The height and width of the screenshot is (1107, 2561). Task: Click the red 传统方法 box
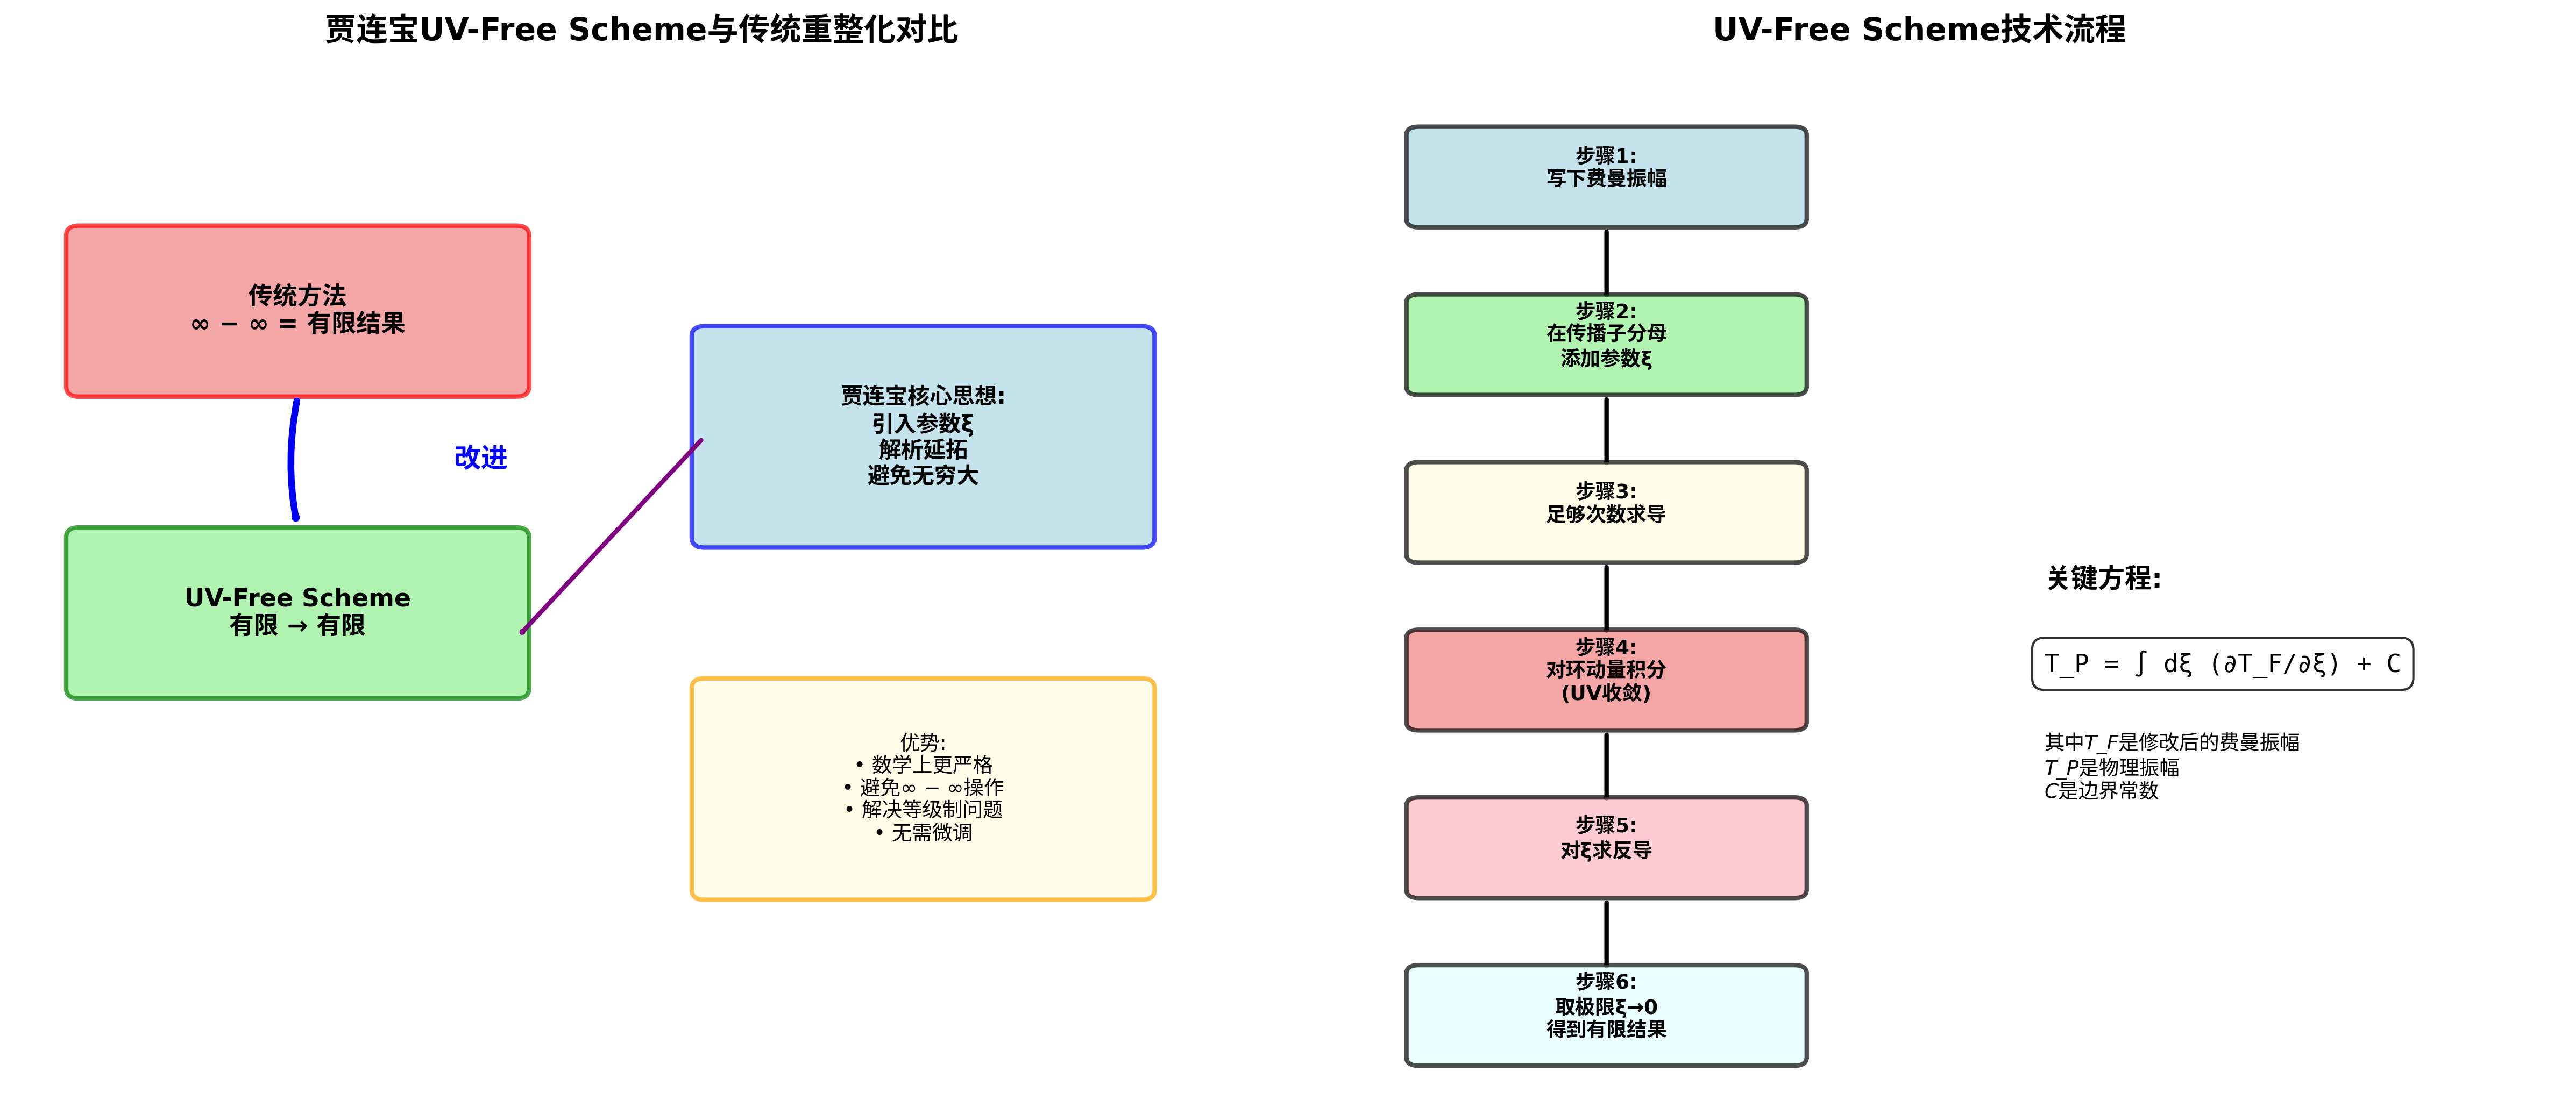click(297, 311)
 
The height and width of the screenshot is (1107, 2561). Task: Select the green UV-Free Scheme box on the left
click(297, 613)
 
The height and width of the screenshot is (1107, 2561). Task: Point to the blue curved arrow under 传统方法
click(292, 459)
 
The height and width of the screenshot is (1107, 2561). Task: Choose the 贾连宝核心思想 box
click(923, 436)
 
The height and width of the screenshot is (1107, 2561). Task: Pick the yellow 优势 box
click(923, 789)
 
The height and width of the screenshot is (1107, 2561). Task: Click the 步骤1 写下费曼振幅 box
click(1606, 177)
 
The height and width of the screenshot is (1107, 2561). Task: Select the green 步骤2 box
click(1606, 345)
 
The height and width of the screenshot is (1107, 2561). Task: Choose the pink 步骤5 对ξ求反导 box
click(1606, 848)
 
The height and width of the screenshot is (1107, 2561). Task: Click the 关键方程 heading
click(2103, 579)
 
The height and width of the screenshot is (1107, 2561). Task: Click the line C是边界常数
click(2101, 791)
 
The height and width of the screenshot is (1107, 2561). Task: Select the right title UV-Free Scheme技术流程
click(1919, 30)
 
